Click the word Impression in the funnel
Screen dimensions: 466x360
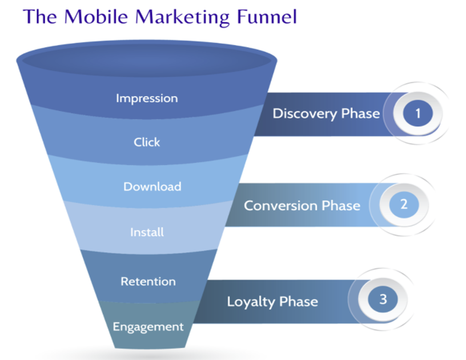click(x=147, y=98)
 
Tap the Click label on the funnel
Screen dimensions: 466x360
click(x=147, y=142)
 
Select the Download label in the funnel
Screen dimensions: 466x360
click(x=152, y=187)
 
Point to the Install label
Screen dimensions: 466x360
click(x=147, y=232)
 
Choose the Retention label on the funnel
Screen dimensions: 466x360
click(x=148, y=282)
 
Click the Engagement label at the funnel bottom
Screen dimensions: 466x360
click(x=148, y=327)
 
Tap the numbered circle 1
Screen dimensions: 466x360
click(x=418, y=113)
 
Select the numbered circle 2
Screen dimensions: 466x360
click(x=404, y=205)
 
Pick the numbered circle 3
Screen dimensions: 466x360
click(x=383, y=299)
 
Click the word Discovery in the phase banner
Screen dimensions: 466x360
click(x=305, y=114)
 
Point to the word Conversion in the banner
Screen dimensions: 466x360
click(x=280, y=206)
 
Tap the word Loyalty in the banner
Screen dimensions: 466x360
click(x=251, y=302)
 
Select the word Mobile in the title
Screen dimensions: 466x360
click(x=96, y=17)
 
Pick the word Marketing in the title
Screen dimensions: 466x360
click(x=183, y=17)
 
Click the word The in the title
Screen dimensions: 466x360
click(x=40, y=17)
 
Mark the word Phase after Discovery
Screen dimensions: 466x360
click(x=360, y=113)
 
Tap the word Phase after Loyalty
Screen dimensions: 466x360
click(x=299, y=302)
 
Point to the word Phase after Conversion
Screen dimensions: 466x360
click(x=341, y=206)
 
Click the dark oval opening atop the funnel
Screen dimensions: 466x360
click(x=147, y=61)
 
